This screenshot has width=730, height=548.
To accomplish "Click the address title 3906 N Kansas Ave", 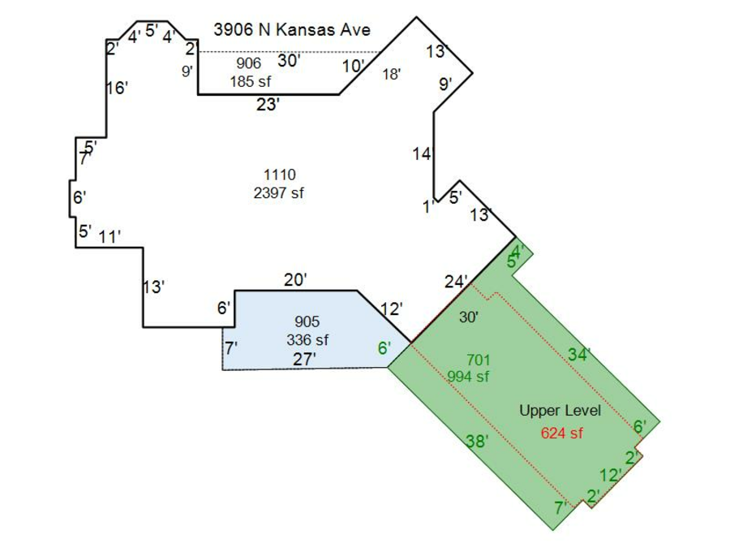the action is click(292, 30).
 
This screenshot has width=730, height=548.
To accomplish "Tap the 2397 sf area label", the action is click(278, 192).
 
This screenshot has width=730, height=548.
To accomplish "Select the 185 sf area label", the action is click(250, 81).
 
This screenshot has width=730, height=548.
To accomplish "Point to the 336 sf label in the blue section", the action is click(307, 339).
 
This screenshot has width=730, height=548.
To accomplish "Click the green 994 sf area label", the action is click(468, 376).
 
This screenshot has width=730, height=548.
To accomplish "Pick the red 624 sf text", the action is click(561, 433).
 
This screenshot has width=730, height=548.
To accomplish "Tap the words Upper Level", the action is click(560, 411).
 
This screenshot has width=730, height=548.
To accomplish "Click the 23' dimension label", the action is click(268, 105).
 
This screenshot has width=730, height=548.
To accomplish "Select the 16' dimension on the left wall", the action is click(117, 88).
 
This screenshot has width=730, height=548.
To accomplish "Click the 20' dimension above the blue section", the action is click(295, 279).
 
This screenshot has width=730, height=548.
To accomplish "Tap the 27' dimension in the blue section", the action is click(304, 360).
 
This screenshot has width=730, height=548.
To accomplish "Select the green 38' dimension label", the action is click(478, 440).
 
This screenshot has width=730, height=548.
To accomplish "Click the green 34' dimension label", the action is click(579, 355).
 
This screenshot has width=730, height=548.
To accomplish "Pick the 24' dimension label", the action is click(456, 282).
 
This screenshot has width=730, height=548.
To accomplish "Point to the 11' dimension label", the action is click(109, 237).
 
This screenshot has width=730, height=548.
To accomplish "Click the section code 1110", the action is click(279, 175).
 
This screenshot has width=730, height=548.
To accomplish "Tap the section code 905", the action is click(307, 321).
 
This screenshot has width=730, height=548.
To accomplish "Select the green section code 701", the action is click(478, 360).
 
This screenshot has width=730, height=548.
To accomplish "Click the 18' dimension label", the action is click(392, 74).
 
